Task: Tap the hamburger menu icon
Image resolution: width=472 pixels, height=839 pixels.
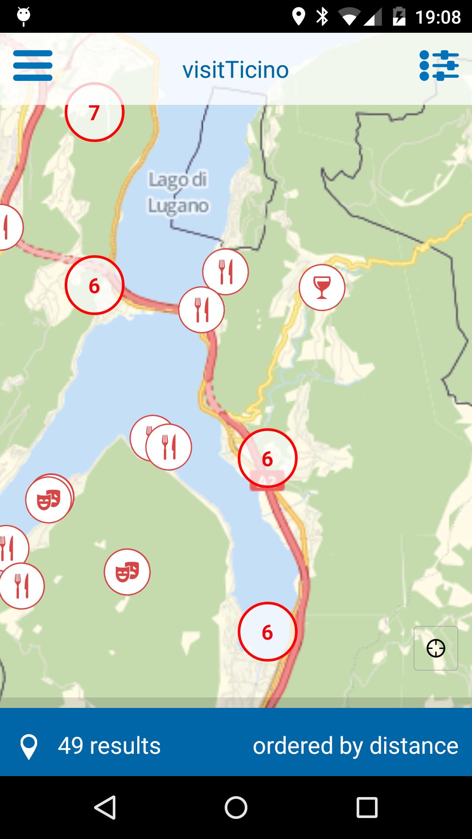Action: [x=33, y=66]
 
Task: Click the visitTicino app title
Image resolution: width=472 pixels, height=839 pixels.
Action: [x=236, y=70]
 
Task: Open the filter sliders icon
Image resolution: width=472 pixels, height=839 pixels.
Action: [x=439, y=66]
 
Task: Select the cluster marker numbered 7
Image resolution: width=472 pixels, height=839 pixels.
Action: [x=94, y=112]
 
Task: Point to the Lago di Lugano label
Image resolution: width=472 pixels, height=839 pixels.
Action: [x=178, y=193]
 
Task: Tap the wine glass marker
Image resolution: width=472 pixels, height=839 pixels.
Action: [x=322, y=288]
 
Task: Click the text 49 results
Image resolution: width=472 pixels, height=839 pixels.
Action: [x=109, y=745]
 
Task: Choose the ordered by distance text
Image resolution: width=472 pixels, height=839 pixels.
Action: [x=355, y=745]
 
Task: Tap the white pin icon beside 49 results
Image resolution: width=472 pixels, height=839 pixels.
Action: [x=29, y=746]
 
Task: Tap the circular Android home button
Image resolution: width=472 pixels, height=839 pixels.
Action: [x=236, y=807]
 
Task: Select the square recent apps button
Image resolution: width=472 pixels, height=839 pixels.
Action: [x=367, y=807]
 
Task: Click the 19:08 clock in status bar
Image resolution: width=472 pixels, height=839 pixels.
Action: [x=438, y=17]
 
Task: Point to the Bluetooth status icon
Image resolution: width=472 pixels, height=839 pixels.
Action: [x=323, y=17]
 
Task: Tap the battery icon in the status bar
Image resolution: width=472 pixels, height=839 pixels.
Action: [x=399, y=17]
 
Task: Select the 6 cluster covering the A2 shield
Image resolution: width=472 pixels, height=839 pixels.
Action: [x=267, y=458]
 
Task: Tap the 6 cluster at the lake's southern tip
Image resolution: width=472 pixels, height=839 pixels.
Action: [x=267, y=632]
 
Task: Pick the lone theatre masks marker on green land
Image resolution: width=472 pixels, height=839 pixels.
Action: [x=127, y=572]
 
